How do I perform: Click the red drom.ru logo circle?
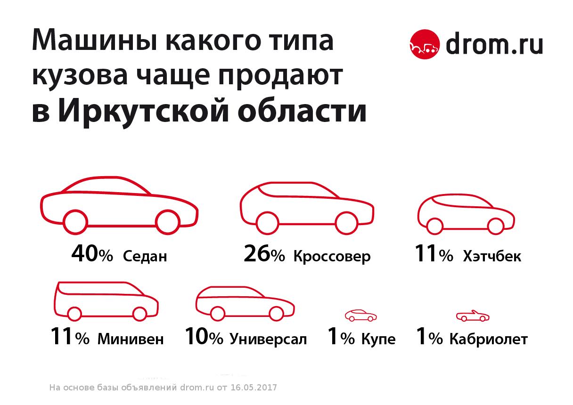coord(425,45)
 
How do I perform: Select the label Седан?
coord(145,257)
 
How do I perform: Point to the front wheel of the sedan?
coord(168,222)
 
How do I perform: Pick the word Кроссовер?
coord(332,257)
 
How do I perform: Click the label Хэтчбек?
coord(492,257)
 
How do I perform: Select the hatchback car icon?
coord(466,214)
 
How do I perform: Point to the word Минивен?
coord(131,340)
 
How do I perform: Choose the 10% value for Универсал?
coord(204,338)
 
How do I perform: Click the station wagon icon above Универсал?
coord(245,303)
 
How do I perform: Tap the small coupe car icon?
coord(361,316)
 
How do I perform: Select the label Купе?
coord(378,340)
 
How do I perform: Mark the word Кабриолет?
coord(488,340)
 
